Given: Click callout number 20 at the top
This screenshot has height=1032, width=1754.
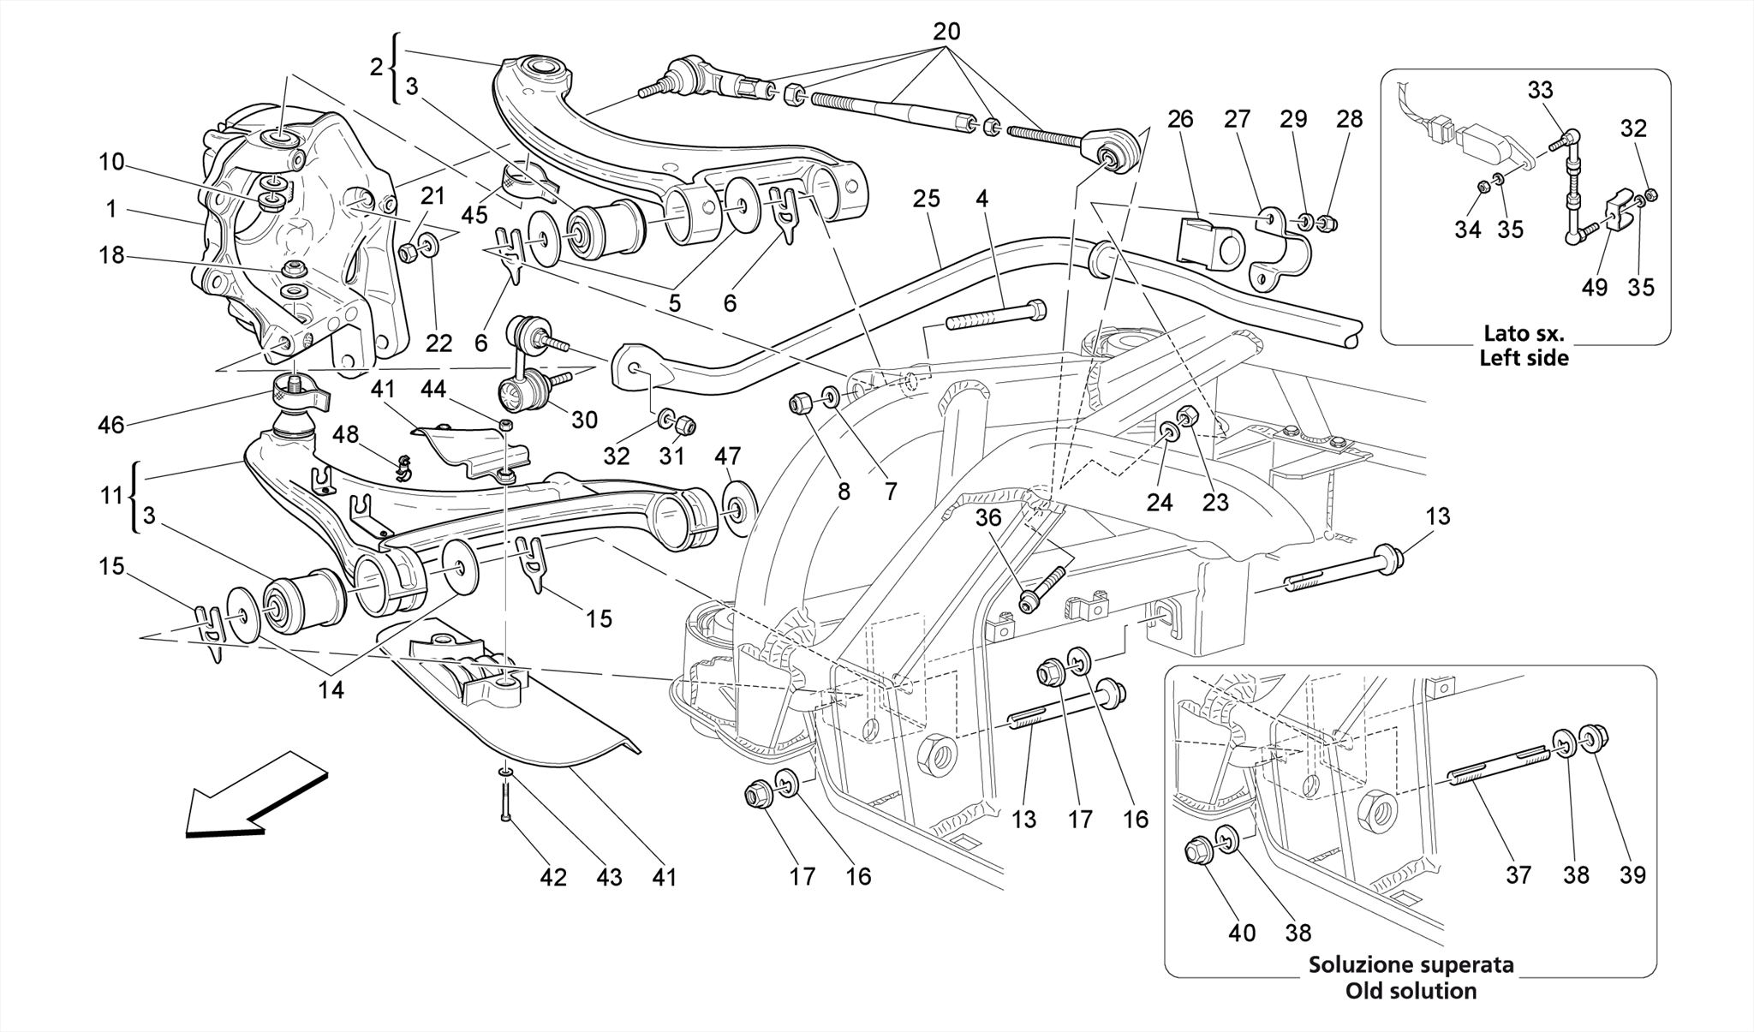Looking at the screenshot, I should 946,32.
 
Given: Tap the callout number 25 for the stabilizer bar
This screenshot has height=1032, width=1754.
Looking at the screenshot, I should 927,199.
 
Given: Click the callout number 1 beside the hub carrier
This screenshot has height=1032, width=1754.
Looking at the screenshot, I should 111,208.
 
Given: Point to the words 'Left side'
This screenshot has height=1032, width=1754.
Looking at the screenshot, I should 1524,357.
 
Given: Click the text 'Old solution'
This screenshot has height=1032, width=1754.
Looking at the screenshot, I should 1411,991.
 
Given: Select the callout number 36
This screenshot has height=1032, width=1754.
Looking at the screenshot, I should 988,518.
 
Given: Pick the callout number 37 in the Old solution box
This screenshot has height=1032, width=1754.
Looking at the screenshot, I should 1519,874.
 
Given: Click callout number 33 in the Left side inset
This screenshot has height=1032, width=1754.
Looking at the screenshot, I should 1540,90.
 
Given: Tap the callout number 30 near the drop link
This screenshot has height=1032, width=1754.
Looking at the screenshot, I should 584,419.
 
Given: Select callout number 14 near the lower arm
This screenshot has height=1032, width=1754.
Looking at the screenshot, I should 331,689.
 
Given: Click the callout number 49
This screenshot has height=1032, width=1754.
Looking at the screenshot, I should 1594,287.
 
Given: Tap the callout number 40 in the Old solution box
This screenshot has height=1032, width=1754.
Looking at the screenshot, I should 1242,933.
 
